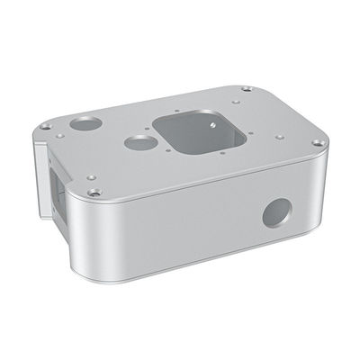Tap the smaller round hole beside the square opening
point(137,141)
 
